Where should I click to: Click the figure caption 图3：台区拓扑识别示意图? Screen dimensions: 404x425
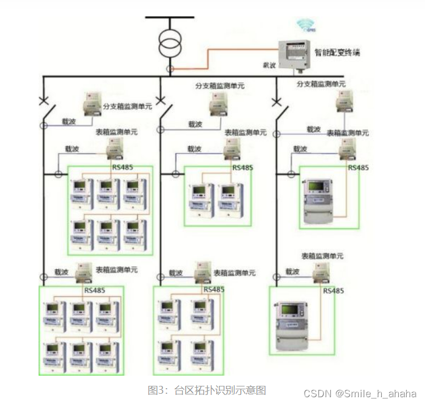coord(207,390)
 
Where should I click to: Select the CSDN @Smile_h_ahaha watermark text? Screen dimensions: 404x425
coord(360,393)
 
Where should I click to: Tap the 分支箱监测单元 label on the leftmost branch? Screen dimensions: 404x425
coord(127,107)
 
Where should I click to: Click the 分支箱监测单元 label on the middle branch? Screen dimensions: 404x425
coord(220,86)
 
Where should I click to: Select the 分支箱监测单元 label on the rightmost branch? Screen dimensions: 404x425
coord(321,84)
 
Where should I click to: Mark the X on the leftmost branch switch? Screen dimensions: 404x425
coord(44,102)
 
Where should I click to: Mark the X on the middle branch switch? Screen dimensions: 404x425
coord(161,102)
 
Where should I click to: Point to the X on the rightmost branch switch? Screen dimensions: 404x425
coord(276,102)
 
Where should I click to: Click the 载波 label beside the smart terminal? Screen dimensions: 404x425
coord(270,66)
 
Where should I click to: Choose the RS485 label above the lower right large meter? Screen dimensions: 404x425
coord(334,291)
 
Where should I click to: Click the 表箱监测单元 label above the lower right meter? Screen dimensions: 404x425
coord(322,256)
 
